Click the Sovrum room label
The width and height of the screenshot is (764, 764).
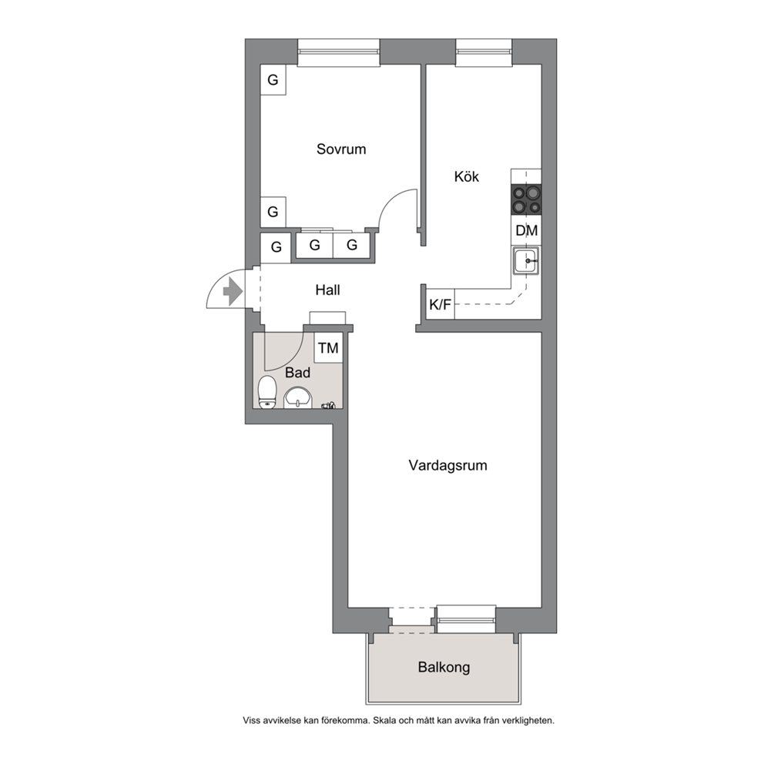point(341,149)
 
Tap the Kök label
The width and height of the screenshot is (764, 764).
point(466,176)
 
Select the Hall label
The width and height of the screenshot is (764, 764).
point(327,290)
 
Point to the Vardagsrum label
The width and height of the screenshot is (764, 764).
point(447,465)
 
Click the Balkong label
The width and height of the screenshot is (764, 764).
point(444,667)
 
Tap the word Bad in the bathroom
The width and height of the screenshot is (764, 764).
point(298,373)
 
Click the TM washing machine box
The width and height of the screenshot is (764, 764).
point(328,348)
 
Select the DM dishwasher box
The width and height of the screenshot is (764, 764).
point(526,230)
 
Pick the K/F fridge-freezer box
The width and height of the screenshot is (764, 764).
point(440,305)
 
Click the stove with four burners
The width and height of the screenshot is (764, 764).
point(526,199)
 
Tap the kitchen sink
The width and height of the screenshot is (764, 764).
point(526,261)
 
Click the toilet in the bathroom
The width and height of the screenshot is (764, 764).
point(267,392)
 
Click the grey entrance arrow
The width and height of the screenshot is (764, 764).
point(233,293)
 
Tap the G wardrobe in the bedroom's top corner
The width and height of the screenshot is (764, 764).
point(273,80)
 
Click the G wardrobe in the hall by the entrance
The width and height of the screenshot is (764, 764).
point(276,247)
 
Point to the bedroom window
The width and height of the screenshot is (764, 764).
point(339,52)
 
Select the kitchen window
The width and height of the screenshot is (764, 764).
point(484,52)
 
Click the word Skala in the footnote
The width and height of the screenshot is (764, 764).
point(385,721)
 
